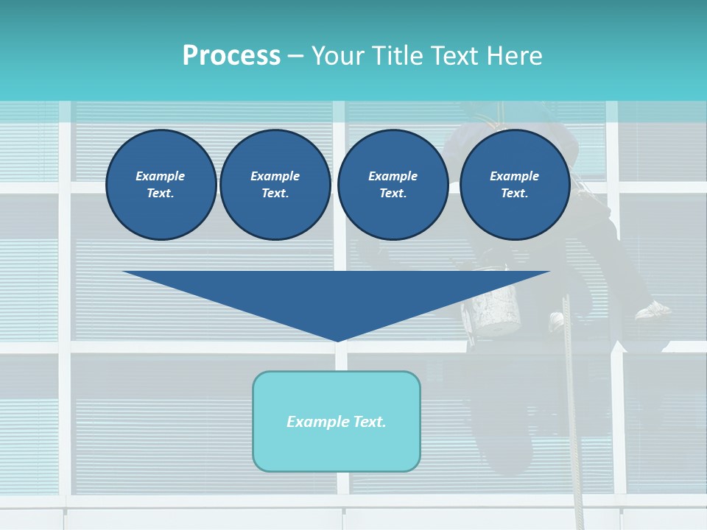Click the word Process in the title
pos(231,56)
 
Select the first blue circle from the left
pos(161,184)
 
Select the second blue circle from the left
pos(275,184)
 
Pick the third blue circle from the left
pos(393,184)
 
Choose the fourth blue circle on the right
pos(514,184)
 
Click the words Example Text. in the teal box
pos(337,422)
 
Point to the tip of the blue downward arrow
pos(337,339)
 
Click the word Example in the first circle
pos(161,176)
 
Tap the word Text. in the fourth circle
pos(514,193)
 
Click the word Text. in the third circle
pos(393,193)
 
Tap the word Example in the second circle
pos(275,176)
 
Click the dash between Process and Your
pos(295,57)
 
